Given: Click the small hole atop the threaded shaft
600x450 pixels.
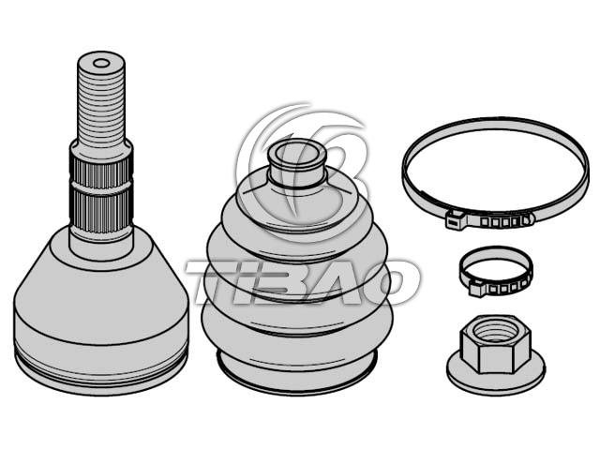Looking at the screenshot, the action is (101, 63).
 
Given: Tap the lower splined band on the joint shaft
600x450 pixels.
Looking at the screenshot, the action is (101, 211).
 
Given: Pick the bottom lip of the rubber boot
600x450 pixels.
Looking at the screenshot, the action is (296, 373).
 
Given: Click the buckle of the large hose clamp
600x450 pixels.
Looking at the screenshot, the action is (457, 219).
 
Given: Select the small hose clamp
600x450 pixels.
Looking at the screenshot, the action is (496, 271).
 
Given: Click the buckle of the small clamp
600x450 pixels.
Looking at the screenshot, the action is (476, 288).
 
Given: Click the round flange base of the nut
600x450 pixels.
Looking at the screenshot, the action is (496, 373).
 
